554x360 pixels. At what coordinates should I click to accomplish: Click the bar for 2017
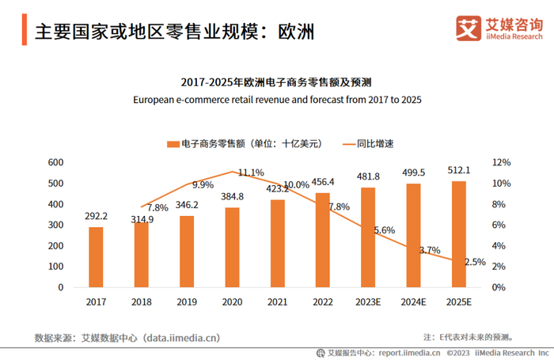96,256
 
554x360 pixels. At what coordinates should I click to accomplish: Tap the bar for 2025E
459,233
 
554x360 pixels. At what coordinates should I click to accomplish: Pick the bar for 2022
322,240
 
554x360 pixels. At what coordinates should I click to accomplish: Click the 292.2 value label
96,216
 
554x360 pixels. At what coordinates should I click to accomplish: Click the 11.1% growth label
251,172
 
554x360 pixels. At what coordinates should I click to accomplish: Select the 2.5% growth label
475,262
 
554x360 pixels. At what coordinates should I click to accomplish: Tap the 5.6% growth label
384,230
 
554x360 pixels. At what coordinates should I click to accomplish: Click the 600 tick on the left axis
55,162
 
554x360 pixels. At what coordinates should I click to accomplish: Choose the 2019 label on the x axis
186,301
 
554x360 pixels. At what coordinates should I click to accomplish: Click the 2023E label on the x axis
368,301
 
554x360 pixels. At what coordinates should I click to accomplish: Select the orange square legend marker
171,144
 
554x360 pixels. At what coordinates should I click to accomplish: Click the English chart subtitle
277,100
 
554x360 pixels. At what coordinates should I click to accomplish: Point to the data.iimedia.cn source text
181,338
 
